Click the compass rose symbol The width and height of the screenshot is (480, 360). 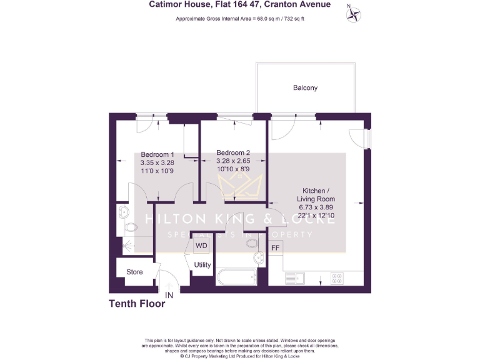coord(354,14)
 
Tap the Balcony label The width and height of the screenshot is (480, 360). coord(305,88)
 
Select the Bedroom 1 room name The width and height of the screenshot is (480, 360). coord(157,154)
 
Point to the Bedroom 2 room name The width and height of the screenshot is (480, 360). coord(233,152)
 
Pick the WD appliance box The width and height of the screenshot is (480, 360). coord(201,246)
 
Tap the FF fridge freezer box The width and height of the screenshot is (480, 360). coord(275,248)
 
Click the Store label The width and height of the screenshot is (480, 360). coord(134,272)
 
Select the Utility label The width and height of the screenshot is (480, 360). coord(202,265)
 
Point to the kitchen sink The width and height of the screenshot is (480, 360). coord(294,277)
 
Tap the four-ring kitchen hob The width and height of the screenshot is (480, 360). coord(338,277)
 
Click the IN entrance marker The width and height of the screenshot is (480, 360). coord(169,295)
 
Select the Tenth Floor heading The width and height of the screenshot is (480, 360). coord(137,304)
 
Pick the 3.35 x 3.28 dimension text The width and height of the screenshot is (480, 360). coord(157,162)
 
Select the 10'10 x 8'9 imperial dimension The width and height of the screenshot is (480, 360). coord(233,169)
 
